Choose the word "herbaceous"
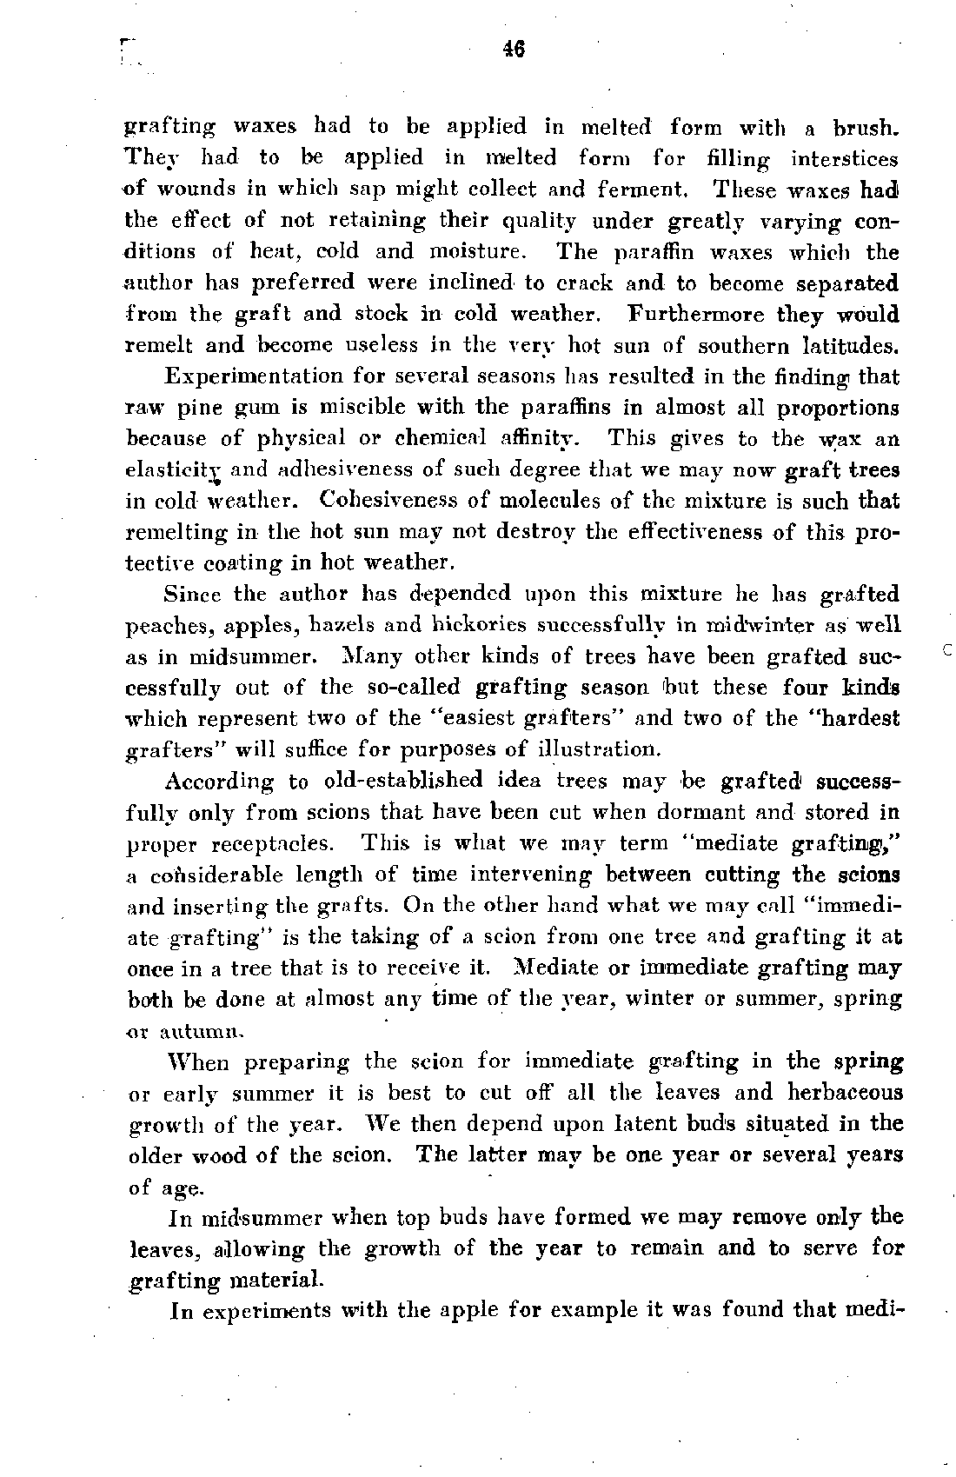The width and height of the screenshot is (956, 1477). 845,1092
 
